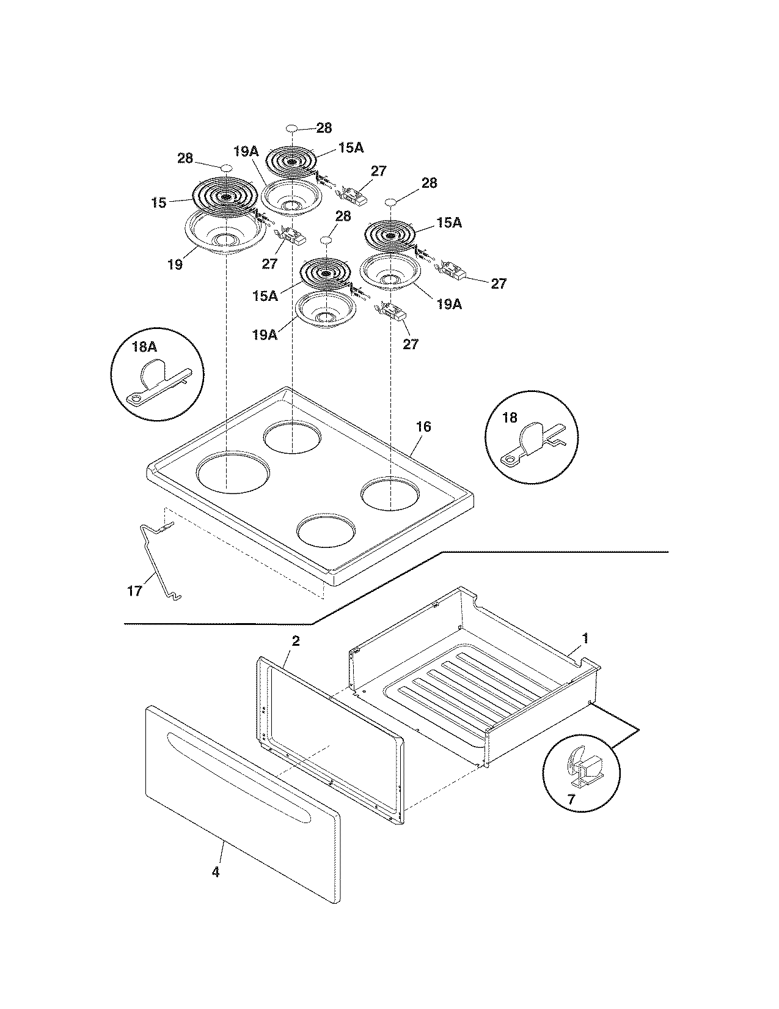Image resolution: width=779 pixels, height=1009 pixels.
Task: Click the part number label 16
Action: (x=423, y=427)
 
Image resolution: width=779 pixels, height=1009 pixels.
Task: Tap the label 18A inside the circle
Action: (x=144, y=347)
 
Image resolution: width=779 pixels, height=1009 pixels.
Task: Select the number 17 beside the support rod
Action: (x=134, y=591)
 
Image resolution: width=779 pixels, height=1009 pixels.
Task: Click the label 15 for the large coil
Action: (x=158, y=202)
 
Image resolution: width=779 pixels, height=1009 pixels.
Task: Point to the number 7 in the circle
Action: (x=570, y=799)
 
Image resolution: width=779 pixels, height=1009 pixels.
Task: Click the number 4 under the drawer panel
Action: (x=215, y=872)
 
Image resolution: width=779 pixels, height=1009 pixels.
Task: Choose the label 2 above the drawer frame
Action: (x=295, y=641)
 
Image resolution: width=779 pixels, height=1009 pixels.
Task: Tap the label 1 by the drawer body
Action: (x=585, y=638)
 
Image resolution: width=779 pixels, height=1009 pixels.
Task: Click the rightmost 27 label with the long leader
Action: (x=499, y=284)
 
